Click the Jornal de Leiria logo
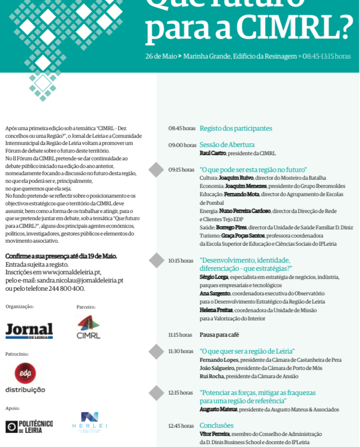coord(29,330)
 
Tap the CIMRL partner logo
coord(88,327)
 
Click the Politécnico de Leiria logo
coord(29,426)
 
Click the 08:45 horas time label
coord(182,129)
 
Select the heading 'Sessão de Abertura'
coord(227,145)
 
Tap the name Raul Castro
coord(213,154)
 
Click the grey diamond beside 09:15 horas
coord(156,169)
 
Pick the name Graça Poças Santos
coord(243,236)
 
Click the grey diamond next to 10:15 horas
coord(156,260)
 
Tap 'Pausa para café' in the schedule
coord(219,335)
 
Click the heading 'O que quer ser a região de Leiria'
coord(247,351)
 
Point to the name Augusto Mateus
coord(218,409)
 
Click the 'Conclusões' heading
coord(216,426)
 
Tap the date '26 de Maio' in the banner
coord(160,56)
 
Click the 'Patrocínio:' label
coord(17,353)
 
